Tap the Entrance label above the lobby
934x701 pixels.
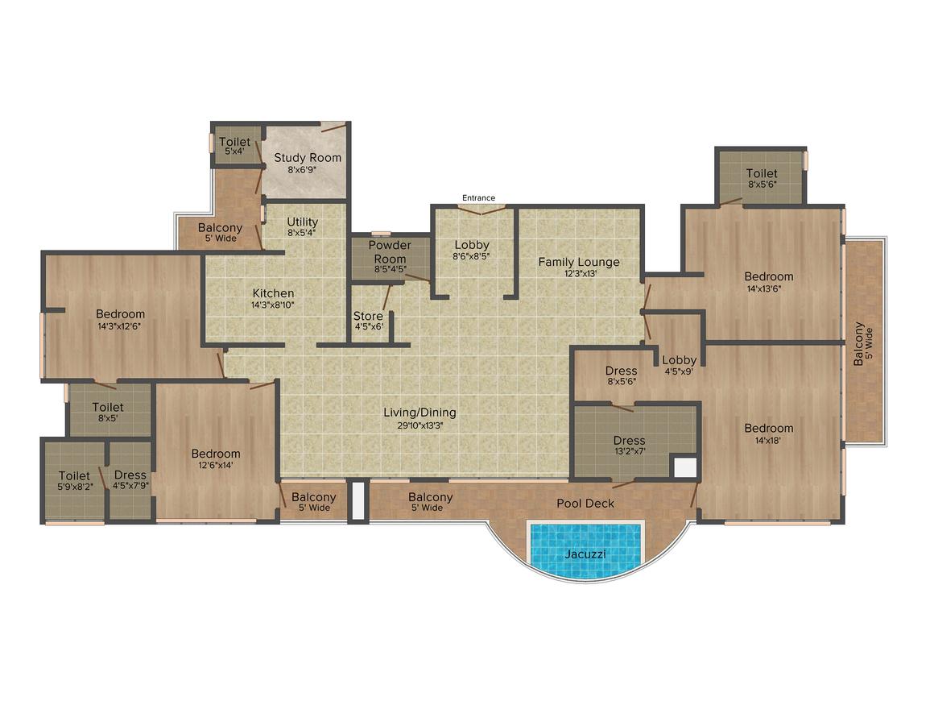point(478,198)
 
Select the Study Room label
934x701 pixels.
point(308,158)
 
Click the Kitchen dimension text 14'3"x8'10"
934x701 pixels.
point(273,305)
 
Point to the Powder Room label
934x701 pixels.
point(390,252)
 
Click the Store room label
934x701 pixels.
point(368,316)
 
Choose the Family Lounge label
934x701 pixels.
point(579,263)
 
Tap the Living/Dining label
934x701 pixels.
point(419,413)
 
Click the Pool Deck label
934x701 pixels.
point(585,504)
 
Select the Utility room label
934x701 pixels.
point(303,222)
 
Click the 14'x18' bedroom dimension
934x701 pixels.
point(768,441)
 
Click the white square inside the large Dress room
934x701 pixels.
point(685,467)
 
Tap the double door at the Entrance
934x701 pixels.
point(481,209)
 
